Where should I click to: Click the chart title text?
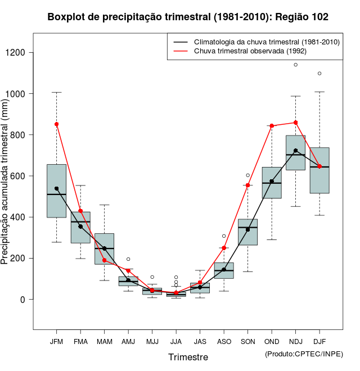click(188, 17)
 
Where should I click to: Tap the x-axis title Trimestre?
click(188, 357)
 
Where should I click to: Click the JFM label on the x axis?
click(56, 341)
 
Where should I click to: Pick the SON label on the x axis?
click(247, 341)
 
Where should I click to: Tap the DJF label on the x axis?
click(319, 341)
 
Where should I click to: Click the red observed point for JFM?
click(56, 124)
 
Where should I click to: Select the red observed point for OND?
click(272, 126)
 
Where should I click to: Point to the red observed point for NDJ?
click(296, 123)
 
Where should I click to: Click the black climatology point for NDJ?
click(296, 151)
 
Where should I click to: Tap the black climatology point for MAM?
click(104, 248)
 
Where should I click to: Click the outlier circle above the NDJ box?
click(296, 65)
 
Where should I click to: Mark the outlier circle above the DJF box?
click(319, 74)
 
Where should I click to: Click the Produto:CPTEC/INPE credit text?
click(304, 354)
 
